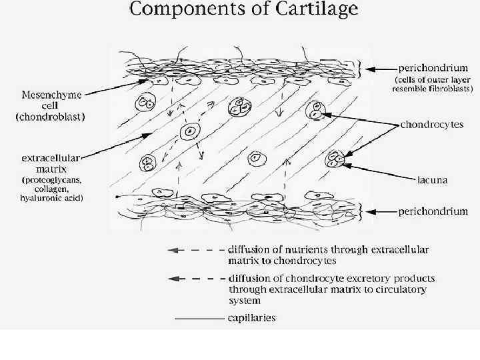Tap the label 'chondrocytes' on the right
(x=431, y=125)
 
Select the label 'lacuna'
(x=432, y=179)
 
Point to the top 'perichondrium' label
(x=433, y=67)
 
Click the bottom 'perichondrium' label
(x=433, y=211)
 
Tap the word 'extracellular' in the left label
(x=51, y=158)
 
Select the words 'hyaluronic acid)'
(x=51, y=198)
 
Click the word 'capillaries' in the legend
(x=251, y=318)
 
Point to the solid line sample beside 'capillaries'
(x=199, y=319)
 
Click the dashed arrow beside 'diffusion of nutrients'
(x=194, y=250)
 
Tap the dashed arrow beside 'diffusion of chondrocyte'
(x=194, y=278)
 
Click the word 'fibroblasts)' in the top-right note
(x=448, y=88)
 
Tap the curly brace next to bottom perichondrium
(x=361, y=211)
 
